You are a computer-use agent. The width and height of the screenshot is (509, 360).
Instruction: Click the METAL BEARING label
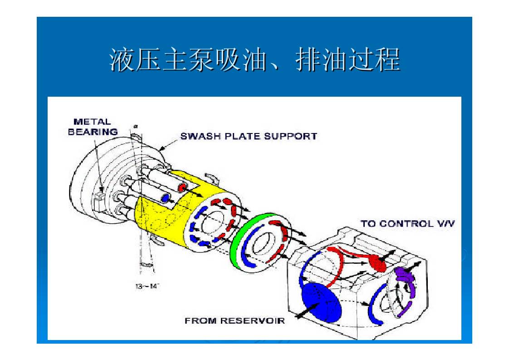[93, 127]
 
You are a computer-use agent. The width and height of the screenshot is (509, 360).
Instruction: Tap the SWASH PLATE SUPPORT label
[249, 136]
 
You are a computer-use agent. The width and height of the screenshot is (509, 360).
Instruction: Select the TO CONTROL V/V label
[408, 223]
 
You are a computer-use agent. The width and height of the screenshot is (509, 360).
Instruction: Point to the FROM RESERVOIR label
[235, 321]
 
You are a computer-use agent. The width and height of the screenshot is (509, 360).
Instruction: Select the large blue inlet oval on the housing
[321, 302]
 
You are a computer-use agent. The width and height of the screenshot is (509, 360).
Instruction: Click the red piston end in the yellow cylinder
[182, 187]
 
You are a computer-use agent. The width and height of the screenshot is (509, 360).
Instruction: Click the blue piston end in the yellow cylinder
[166, 197]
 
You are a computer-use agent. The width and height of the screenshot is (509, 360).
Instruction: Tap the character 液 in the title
[122, 59]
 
